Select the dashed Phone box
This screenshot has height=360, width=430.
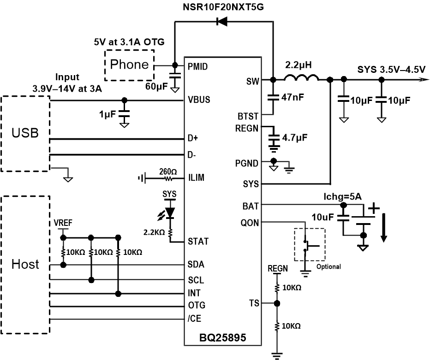[x=129, y=65]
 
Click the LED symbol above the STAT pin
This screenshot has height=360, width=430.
[x=170, y=212]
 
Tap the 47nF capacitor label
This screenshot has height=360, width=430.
[x=292, y=97]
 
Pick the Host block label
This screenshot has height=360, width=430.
[x=25, y=264]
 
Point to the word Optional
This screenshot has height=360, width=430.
[x=328, y=266]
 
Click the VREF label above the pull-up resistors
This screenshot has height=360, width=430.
[x=63, y=222]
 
